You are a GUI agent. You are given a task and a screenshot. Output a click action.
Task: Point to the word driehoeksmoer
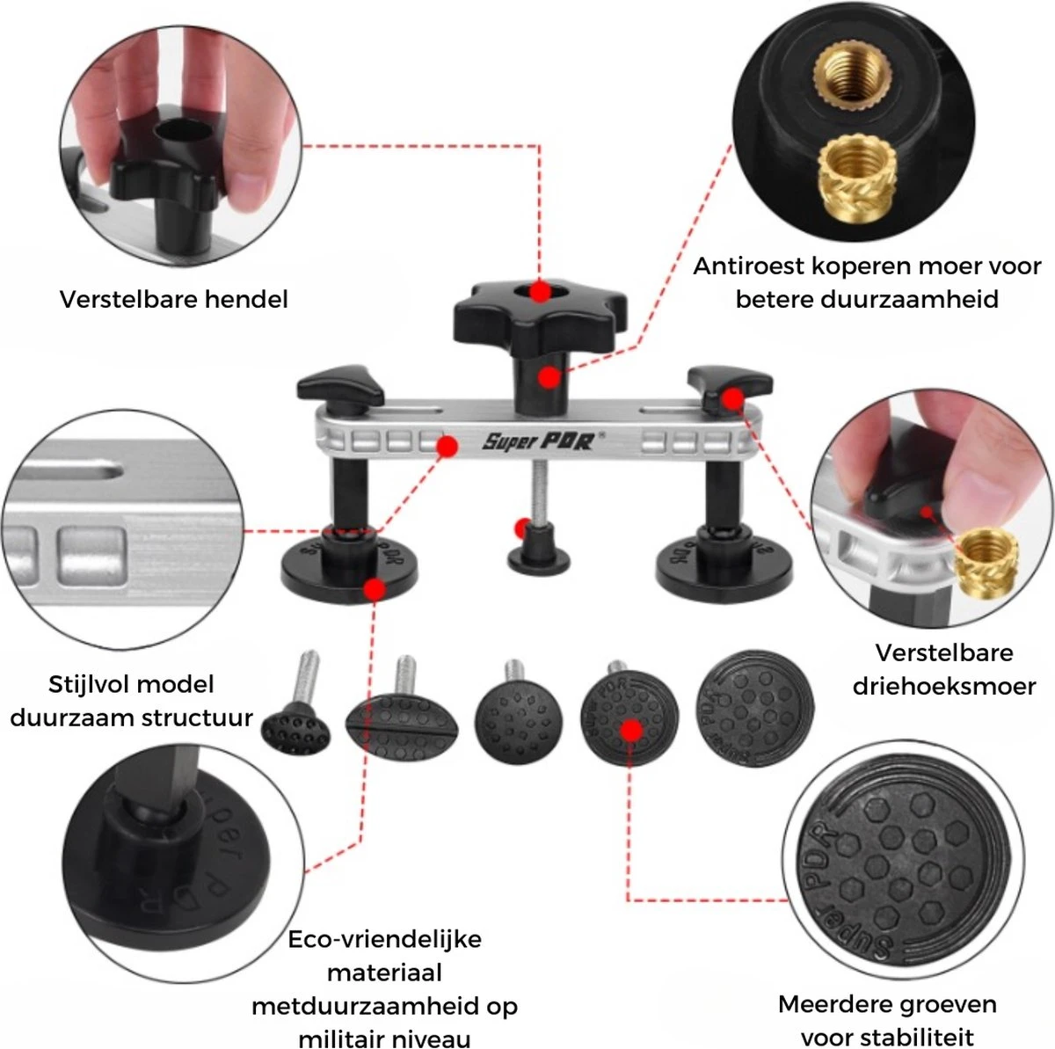pos(943,686)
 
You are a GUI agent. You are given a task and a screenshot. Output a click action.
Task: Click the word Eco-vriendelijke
pos(385,939)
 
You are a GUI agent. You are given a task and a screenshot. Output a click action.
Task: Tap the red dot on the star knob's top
pos(542,289)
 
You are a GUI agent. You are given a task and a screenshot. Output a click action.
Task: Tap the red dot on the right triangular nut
pos(731,400)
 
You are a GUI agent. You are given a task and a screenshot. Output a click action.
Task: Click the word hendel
pos(246,300)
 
